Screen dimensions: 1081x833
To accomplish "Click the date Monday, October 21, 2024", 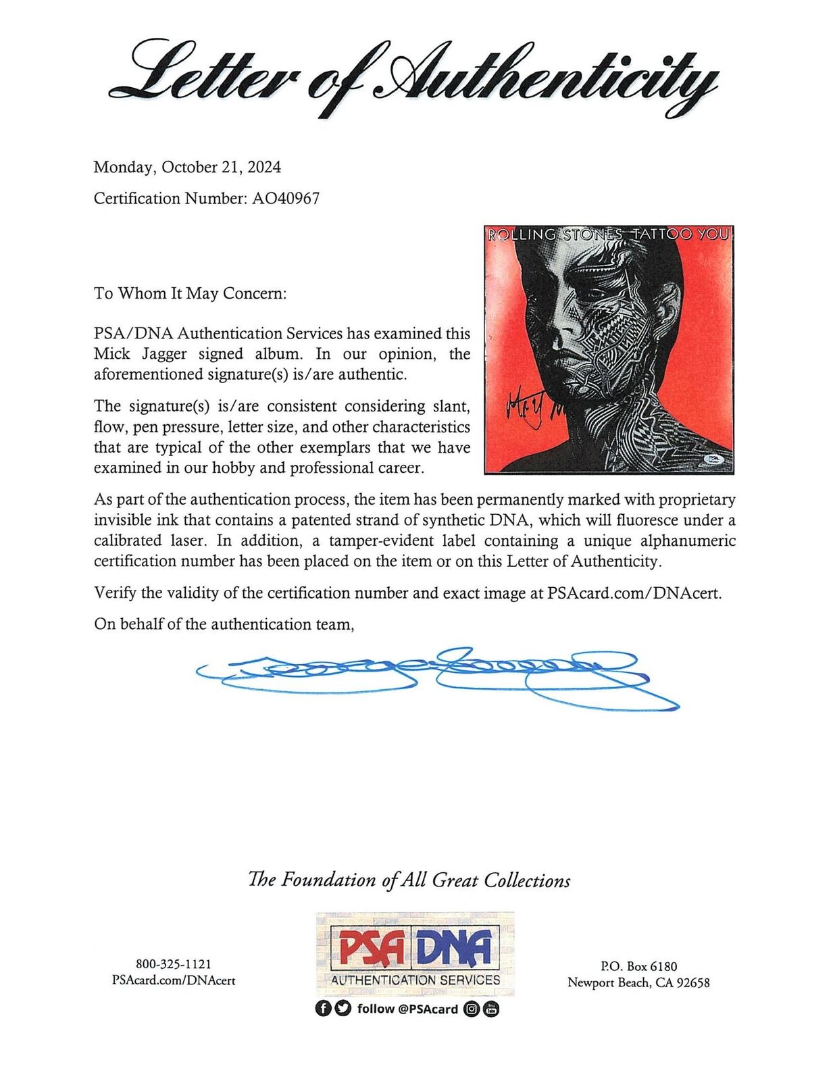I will [x=187, y=167].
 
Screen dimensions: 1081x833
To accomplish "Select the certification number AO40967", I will [x=285, y=199].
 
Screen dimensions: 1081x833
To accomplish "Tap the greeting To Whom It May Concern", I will [x=190, y=293].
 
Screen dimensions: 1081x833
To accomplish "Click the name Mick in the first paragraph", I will [x=112, y=354].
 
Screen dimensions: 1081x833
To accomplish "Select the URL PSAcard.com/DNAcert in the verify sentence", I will [x=634, y=593].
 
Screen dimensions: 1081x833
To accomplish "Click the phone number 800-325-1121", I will [x=174, y=965].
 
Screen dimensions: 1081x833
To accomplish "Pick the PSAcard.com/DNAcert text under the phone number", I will [x=174, y=980].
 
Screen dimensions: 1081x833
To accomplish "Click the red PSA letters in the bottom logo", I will [x=372, y=949].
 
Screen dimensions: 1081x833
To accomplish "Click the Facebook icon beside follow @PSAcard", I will [x=324, y=1009].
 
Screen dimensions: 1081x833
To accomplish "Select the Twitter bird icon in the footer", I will [x=343, y=1009].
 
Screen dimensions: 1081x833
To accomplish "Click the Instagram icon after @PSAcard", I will [x=472, y=1009].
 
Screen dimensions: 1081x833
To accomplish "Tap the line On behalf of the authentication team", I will [x=224, y=624].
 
